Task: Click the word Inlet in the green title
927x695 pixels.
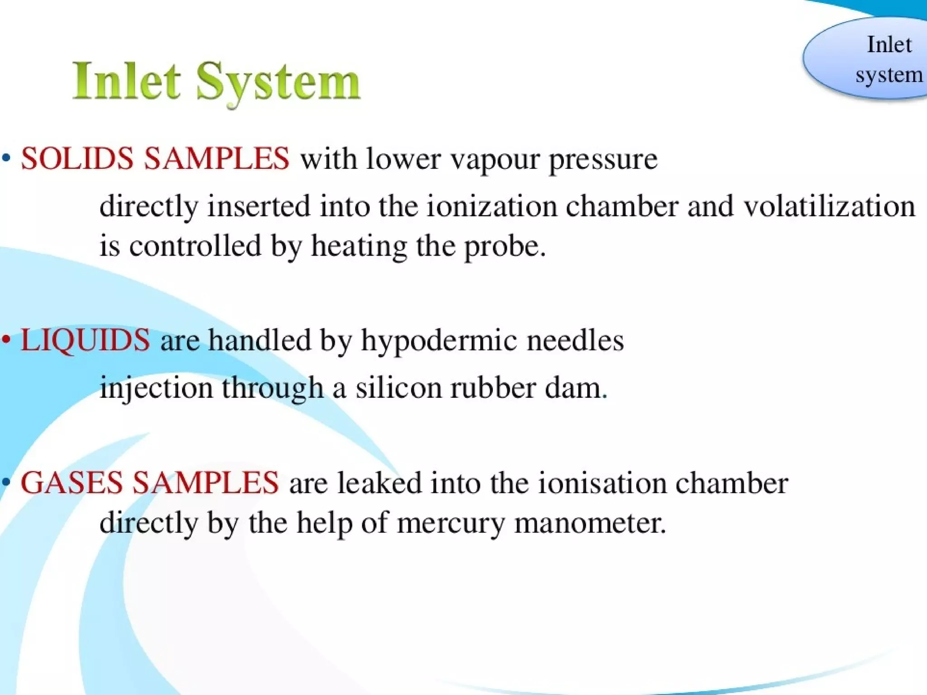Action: tap(127, 81)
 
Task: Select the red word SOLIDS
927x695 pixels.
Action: tap(77, 159)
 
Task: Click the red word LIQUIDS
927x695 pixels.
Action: tap(85, 340)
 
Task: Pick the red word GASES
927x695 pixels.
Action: tap(72, 482)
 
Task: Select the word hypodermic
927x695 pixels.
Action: tap(439, 341)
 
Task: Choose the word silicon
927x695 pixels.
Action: tap(398, 388)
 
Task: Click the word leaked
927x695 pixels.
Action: tap(379, 483)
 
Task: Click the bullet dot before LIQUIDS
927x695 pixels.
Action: tap(6, 339)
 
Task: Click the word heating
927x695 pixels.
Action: tap(359, 247)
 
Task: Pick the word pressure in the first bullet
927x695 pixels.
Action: tap(603, 160)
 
